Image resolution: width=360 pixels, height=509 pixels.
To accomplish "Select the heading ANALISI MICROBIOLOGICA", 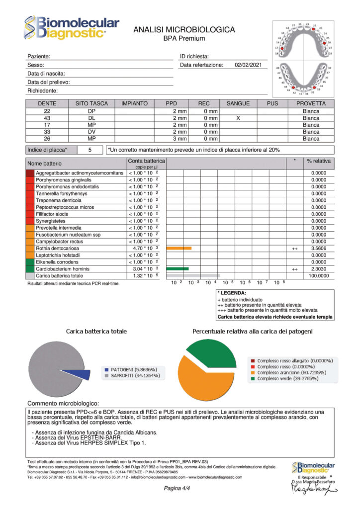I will click(184, 30).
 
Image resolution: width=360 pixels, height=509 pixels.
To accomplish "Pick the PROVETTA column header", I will click(311, 103).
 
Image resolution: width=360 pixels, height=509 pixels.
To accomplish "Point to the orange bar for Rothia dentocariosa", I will click(179, 248).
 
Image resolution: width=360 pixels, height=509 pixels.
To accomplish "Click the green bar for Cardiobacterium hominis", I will click(177, 268).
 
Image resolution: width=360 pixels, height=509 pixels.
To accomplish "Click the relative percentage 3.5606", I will click(318, 248).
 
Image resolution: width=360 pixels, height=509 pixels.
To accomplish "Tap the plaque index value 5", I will click(90, 149).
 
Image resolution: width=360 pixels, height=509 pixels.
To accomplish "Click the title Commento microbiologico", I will click(63, 403).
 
